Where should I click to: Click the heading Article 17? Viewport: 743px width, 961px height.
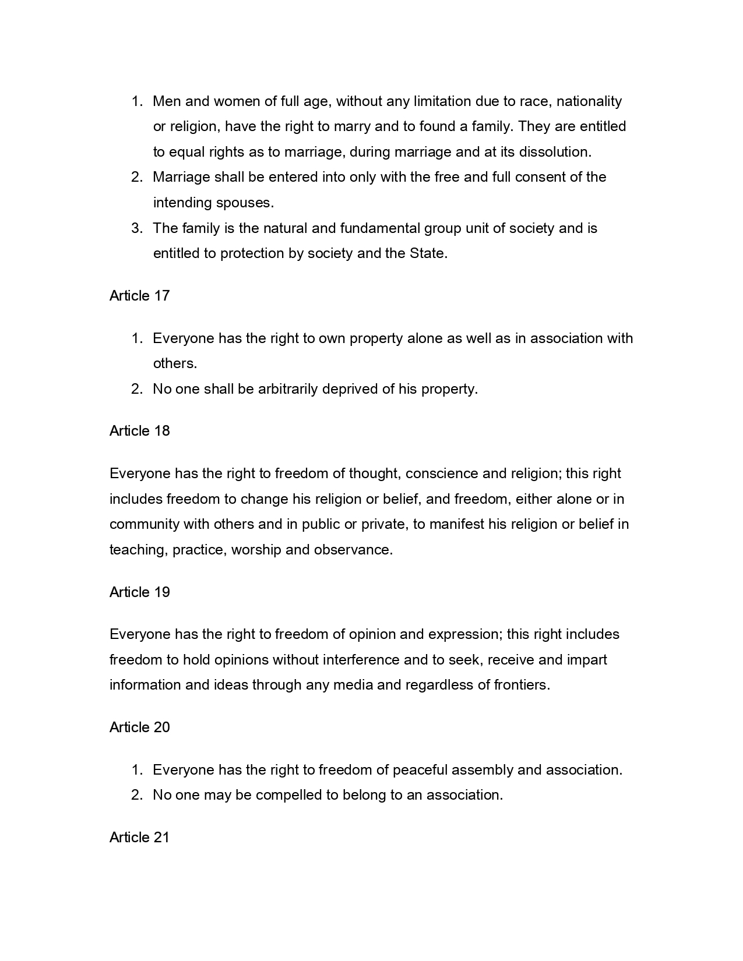pyautogui.click(x=139, y=296)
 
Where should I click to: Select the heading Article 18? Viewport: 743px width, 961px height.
pyautogui.click(x=139, y=431)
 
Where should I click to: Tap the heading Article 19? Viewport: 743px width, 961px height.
pyautogui.click(x=139, y=592)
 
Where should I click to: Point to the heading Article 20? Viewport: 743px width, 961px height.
pyautogui.click(x=139, y=727)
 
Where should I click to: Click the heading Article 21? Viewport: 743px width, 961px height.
pyautogui.click(x=139, y=838)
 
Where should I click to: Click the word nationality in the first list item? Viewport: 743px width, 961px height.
pyautogui.click(x=589, y=101)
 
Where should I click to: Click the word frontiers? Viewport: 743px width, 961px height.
pyautogui.click(x=522, y=685)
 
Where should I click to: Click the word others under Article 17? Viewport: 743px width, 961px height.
pyautogui.click(x=174, y=363)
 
